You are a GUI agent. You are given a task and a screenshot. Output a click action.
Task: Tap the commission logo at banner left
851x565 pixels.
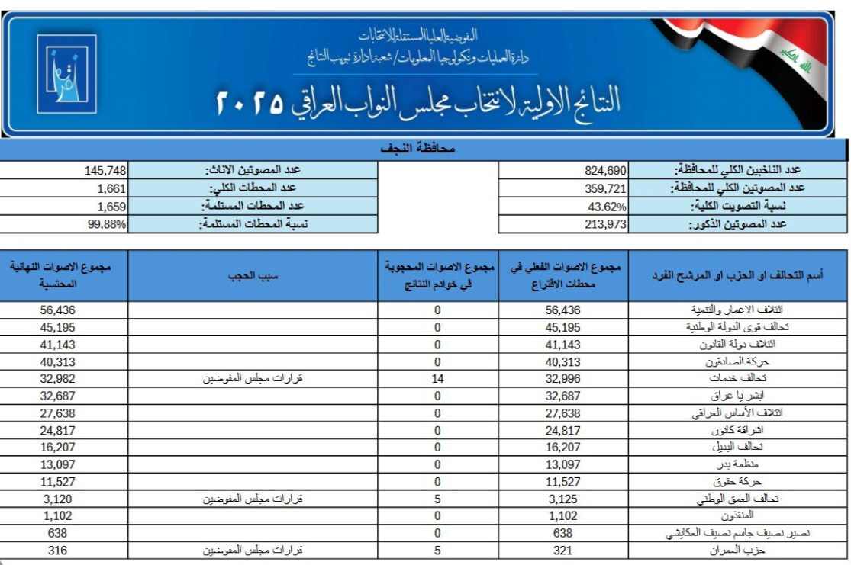click(x=63, y=74)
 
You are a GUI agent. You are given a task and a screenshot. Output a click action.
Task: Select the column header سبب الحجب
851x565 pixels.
click(x=252, y=275)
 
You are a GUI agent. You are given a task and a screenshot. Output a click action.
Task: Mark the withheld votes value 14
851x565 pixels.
click(x=437, y=378)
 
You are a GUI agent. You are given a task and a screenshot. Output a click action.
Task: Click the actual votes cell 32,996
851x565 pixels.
click(x=564, y=378)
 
